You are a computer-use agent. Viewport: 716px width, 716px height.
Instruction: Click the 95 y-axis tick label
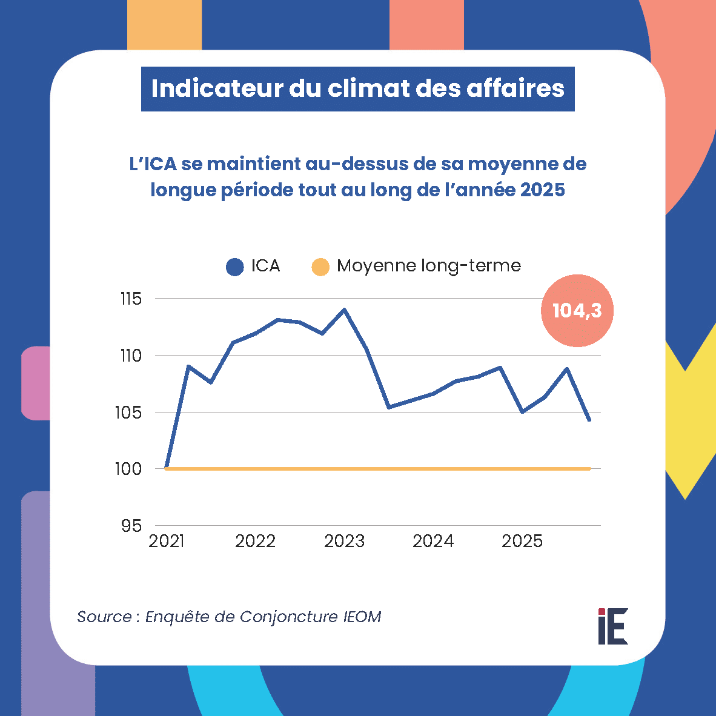click(x=131, y=526)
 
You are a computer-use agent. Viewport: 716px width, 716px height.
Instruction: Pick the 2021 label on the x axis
click(x=167, y=541)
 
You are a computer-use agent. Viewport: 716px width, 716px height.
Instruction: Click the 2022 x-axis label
click(x=255, y=541)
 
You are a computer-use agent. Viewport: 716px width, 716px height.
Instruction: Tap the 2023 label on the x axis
click(x=344, y=541)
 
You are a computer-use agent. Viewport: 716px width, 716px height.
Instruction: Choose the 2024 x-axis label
click(x=433, y=541)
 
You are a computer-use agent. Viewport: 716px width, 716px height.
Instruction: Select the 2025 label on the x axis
click(x=522, y=541)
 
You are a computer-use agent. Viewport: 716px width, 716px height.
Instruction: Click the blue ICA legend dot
click(x=234, y=267)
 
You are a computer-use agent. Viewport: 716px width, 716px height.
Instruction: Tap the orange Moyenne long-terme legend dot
click(x=320, y=267)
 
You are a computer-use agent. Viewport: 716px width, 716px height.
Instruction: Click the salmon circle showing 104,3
click(x=577, y=311)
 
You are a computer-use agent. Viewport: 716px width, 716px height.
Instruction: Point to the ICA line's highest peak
click(x=345, y=310)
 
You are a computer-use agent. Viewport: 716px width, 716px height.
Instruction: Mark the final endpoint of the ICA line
click(x=589, y=420)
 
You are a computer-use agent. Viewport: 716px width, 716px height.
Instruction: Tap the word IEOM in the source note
click(x=362, y=617)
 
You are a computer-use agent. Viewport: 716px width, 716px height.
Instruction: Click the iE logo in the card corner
click(x=613, y=626)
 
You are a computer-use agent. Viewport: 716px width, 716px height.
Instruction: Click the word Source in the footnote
click(x=104, y=617)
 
